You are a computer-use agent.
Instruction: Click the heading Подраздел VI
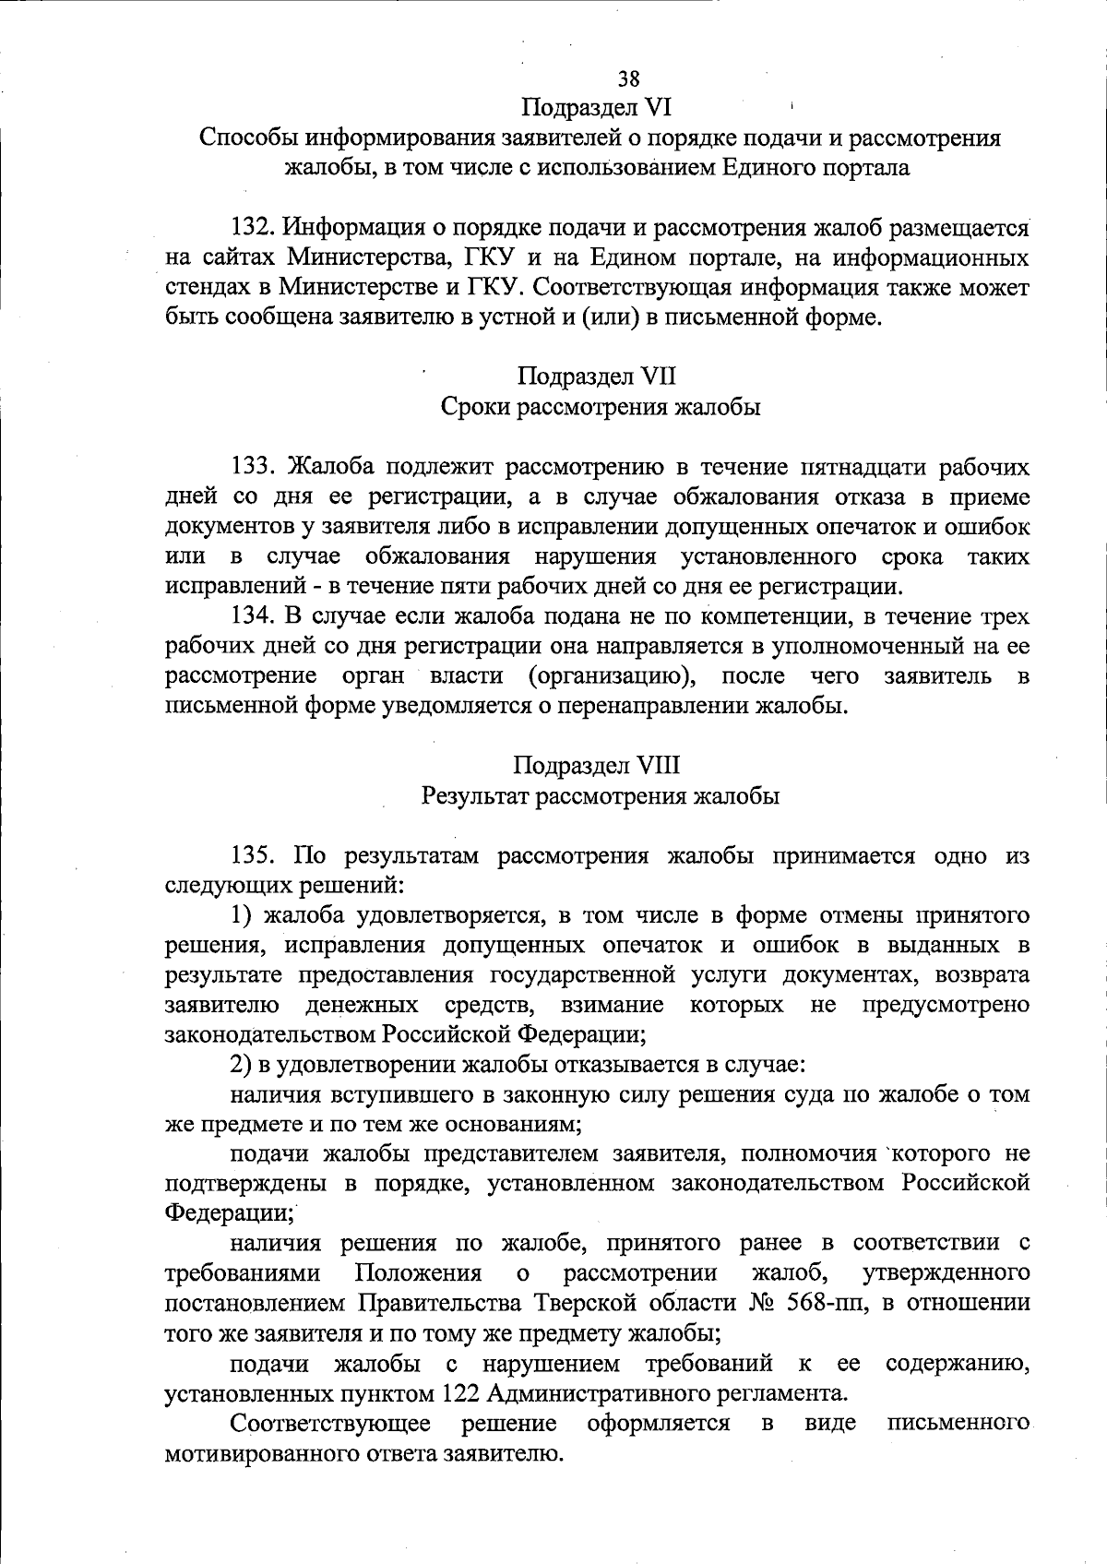597,109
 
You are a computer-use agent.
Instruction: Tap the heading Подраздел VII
597,376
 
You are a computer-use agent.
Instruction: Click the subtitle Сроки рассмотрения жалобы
601,407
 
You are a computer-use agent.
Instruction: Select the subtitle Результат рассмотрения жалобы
601,795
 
